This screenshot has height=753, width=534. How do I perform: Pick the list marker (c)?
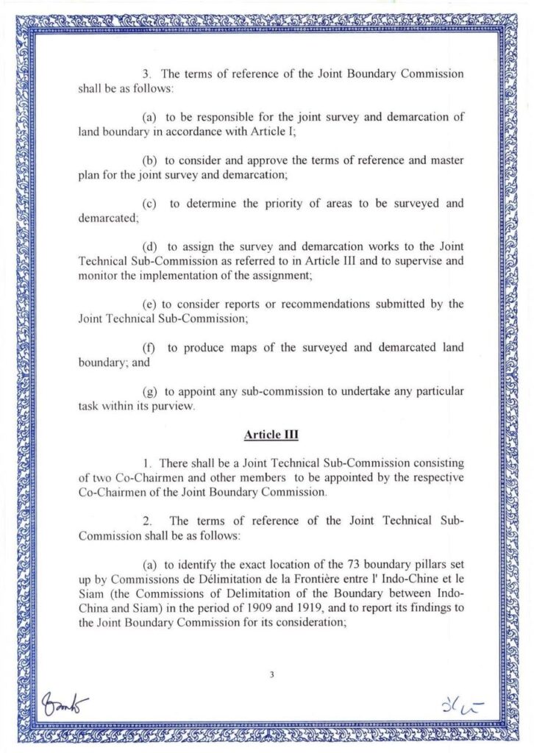(x=149, y=203)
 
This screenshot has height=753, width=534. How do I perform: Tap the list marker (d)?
(x=149, y=246)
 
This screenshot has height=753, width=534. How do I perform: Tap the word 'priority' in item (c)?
(x=282, y=203)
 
